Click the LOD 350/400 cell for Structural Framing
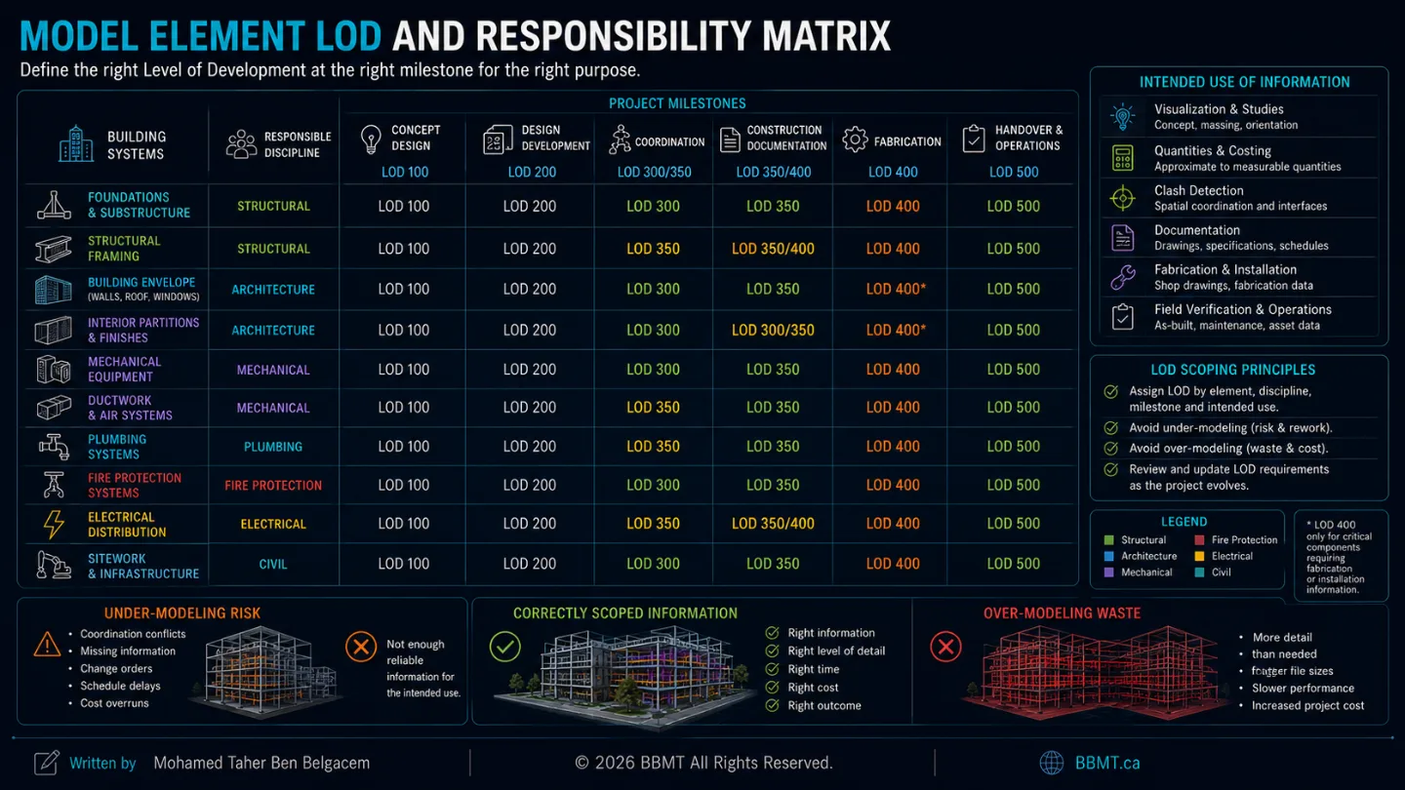773,249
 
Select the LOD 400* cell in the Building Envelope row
896,289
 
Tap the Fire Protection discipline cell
273,486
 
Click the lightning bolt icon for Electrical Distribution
54,524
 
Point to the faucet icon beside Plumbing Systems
54,447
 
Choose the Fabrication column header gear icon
855,139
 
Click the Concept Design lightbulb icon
371,139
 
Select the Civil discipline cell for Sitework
273,565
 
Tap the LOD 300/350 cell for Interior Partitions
773,330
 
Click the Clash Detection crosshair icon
1123,199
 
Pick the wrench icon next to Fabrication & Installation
1123,277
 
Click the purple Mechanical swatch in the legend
1109,573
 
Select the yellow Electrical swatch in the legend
1199,556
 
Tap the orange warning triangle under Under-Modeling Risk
47,645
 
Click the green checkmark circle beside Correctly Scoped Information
505,647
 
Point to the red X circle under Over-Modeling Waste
945,647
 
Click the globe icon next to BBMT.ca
1052,763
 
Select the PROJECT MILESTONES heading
677,103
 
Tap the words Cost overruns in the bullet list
114,703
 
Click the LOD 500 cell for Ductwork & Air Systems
1014,408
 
